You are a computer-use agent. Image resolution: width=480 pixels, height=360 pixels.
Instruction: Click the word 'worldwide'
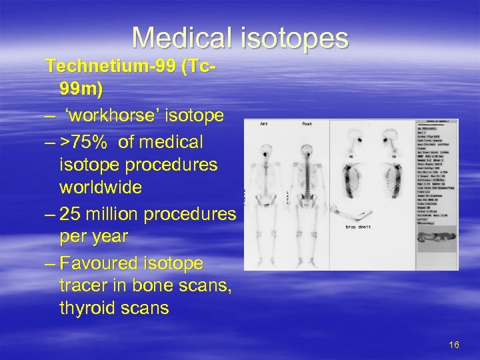coord(101,187)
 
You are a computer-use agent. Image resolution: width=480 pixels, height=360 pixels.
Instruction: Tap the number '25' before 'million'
coord(70,214)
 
